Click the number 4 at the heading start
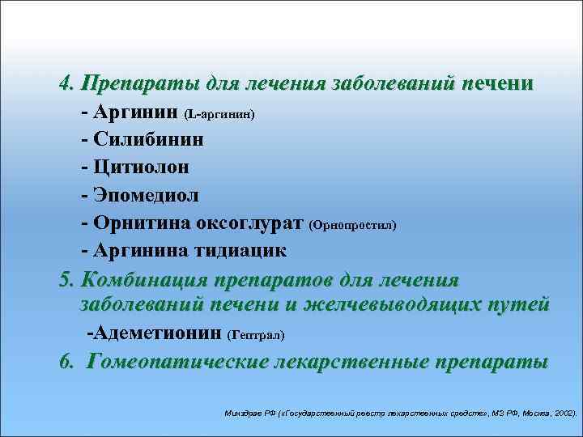(x=65, y=84)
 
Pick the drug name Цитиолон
(x=142, y=168)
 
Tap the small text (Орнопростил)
(x=353, y=224)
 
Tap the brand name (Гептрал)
(x=257, y=334)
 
